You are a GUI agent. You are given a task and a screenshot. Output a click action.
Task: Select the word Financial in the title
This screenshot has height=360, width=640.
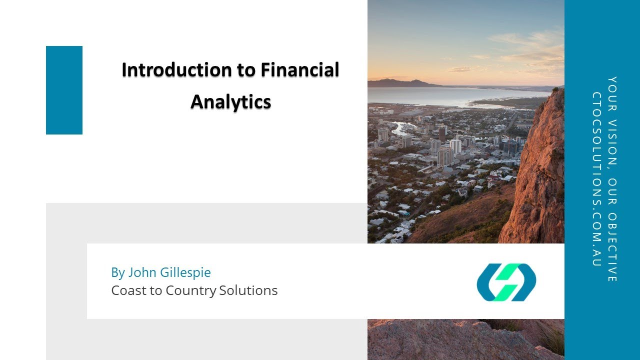click(x=299, y=70)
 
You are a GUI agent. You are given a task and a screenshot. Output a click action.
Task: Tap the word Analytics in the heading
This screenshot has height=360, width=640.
click(x=230, y=102)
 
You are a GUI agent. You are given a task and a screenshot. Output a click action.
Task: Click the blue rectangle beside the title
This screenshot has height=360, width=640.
click(x=64, y=90)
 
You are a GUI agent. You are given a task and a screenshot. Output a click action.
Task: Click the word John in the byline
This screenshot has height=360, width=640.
click(x=142, y=272)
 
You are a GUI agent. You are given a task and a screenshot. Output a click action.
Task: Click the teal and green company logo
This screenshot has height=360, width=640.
click(x=506, y=282)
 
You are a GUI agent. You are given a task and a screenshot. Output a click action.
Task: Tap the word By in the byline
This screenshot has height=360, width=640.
click(x=117, y=272)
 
